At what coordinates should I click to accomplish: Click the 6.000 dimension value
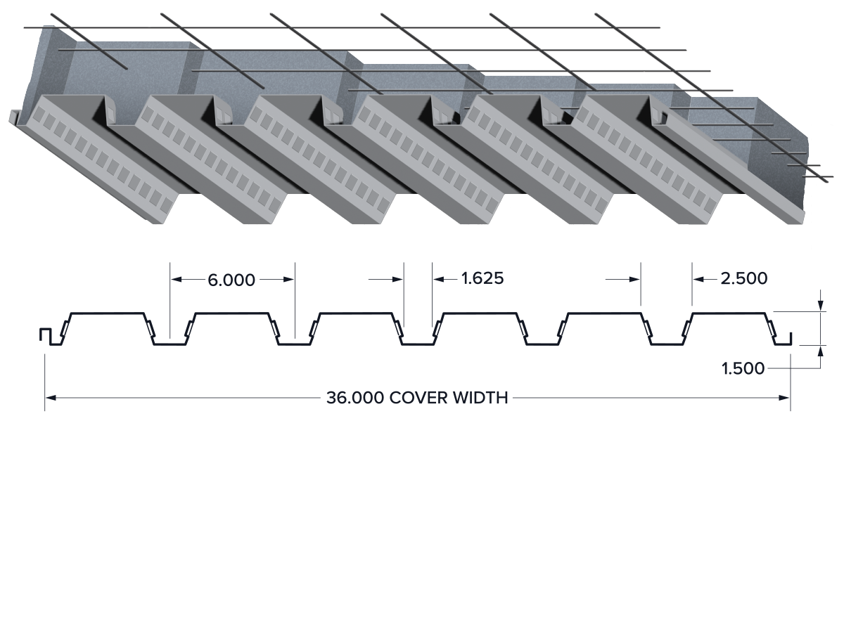[231, 280]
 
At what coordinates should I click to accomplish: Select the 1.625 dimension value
[482, 278]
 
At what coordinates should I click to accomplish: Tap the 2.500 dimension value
[743, 278]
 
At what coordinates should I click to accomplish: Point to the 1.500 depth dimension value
[743, 368]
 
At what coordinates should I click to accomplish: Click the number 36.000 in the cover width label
[355, 398]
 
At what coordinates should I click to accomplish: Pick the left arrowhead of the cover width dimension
[51, 398]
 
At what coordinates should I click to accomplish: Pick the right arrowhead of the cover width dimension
[784, 398]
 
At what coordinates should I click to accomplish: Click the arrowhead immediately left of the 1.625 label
[438, 279]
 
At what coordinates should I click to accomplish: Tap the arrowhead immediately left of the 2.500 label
[698, 279]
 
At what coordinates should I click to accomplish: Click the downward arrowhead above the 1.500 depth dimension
[821, 306]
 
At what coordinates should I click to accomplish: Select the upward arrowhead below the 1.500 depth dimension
[821, 351]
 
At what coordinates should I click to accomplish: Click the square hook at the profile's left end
[46, 335]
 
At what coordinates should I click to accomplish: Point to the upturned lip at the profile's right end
[790, 339]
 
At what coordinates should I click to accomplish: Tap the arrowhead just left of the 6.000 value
[176, 279]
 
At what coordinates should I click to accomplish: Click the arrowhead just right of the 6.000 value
[289, 279]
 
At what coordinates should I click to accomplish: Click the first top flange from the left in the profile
[108, 313]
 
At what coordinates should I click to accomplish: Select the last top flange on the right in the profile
[729, 313]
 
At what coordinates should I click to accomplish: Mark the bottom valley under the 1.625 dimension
[418, 344]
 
